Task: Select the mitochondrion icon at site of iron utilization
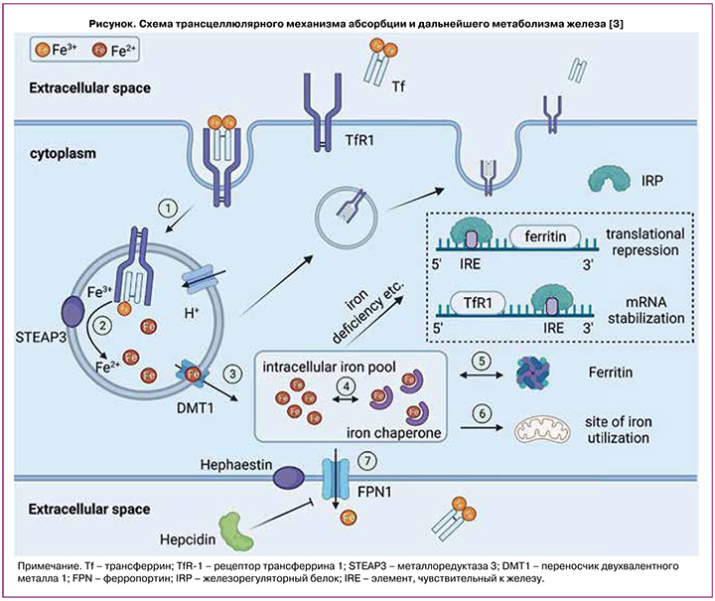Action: pyautogui.click(x=540, y=429)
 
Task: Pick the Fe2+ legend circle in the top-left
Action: pyautogui.click(x=98, y=47)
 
